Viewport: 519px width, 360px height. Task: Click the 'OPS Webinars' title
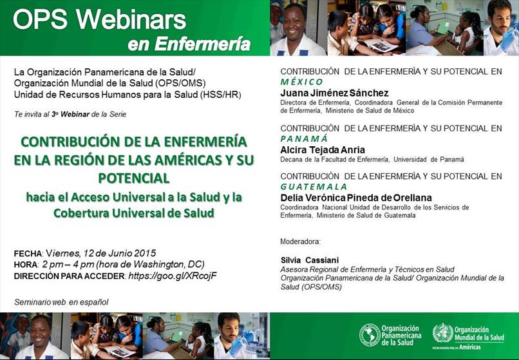click(99, 19)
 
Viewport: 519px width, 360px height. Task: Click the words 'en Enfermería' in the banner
click(189, 44)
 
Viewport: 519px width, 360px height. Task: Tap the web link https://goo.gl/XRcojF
click(173, 276)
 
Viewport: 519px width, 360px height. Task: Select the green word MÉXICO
click(301, 82)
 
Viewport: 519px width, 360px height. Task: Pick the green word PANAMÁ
click(304, 138)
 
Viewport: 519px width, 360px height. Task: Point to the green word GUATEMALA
click(314, 187)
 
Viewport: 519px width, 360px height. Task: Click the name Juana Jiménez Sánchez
click(334, 93)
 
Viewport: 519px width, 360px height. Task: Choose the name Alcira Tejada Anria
click(323, 150)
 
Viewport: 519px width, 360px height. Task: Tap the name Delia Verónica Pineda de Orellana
click(356, 198)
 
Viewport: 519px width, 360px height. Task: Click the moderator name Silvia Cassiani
click(305, 260)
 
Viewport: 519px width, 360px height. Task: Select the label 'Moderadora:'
click(300, 242)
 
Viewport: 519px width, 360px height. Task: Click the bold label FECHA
click(28, 254)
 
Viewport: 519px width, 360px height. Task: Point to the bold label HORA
click(26, 265)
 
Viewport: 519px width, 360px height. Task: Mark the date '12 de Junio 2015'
click(120, 253)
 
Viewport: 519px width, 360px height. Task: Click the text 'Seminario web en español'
click(61, 302)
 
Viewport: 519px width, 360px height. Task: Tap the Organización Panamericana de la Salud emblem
click(370, 335)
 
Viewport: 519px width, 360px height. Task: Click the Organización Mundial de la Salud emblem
click(442, 333)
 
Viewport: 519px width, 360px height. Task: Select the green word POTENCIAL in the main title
click(134, 178)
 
